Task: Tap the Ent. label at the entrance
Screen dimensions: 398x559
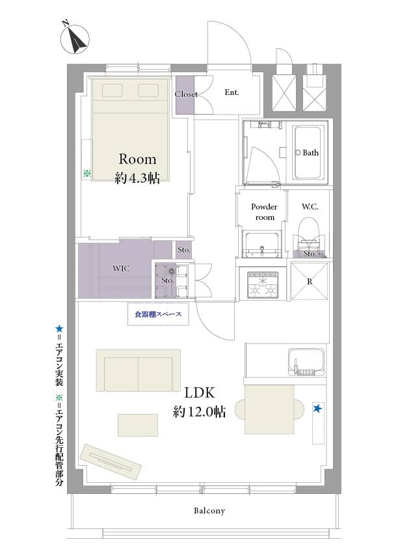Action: pos(232,92)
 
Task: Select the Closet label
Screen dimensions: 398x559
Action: pos(186,94)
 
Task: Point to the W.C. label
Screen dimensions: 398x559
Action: pos(310,207)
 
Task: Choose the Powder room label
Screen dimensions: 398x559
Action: pos(264,211)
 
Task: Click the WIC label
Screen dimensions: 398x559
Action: pos(121,269)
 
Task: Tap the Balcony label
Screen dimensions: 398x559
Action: pos(209,511)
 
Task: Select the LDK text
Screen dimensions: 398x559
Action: pos(200,393)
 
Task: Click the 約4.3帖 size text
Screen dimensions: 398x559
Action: pos(137,178)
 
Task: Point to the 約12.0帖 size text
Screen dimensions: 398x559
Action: pos(199,412)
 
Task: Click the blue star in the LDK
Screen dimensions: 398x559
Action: pos(317,408)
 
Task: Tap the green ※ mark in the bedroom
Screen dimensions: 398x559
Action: pos(87,174)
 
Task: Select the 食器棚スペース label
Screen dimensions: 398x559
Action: pos(158,314)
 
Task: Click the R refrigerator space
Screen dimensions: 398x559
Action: pos(310,281)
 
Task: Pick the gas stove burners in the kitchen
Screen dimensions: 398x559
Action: pos(263,285)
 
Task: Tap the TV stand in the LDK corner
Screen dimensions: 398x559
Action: pos(110,461)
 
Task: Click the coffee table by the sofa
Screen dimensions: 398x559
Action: pos(138,425)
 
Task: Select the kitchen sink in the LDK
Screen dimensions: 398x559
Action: pos(306,362)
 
